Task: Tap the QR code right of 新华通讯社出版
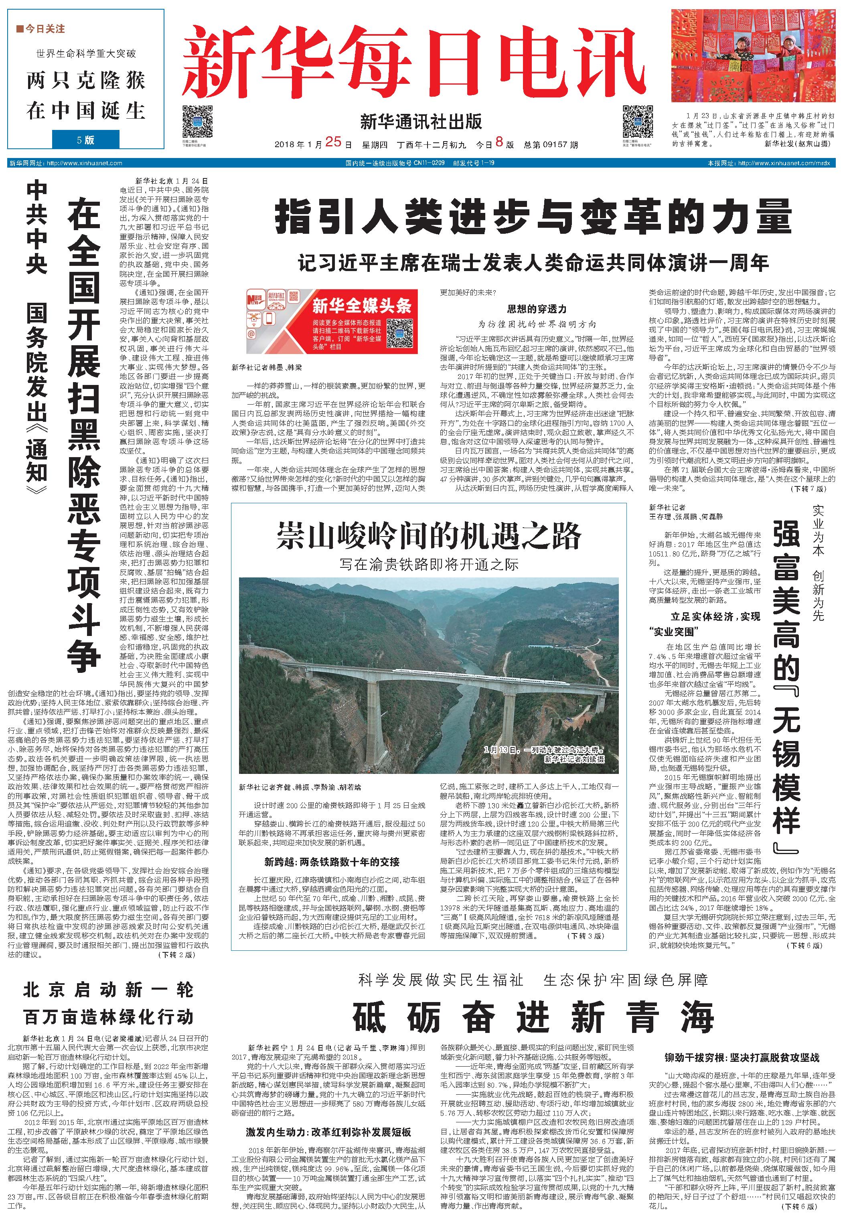coord(638,121)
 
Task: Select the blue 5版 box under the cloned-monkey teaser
coord(85,140)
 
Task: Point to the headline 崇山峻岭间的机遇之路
coord(428,537)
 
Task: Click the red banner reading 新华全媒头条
coord(332,321)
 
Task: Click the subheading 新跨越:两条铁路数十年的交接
coord(332,862)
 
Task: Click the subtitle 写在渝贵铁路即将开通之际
coord(428,564)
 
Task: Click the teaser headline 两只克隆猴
coord(85,81)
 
